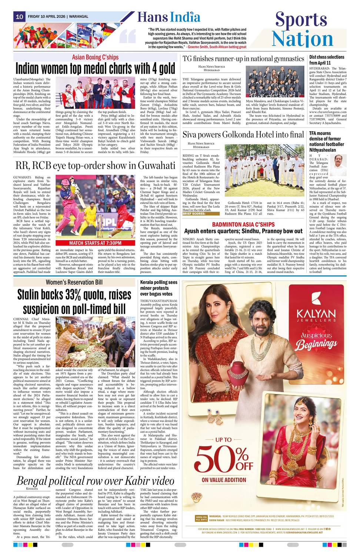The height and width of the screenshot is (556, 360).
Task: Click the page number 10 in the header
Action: point(19,17)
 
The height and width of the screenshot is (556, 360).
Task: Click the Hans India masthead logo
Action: point(169,17)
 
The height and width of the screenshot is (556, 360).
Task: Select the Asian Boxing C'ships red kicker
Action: point(95,57)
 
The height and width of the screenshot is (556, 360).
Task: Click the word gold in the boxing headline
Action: point(161,69)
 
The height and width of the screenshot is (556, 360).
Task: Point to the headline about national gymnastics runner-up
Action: point(243,59)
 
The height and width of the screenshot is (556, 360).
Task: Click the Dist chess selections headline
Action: point(327,60)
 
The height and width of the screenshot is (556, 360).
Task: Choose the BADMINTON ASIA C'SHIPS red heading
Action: point(243,225)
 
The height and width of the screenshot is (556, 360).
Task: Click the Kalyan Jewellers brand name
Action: point(316,313)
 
